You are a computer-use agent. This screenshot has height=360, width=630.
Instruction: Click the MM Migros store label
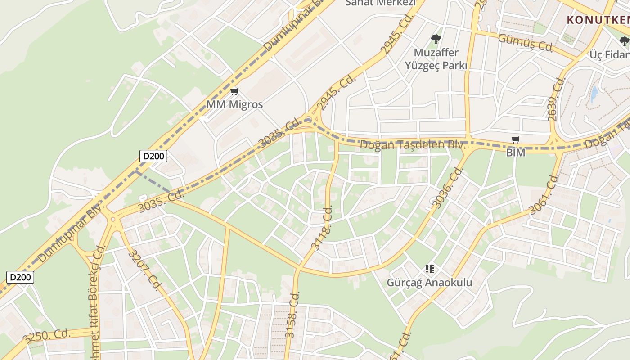click(x=234, y=104)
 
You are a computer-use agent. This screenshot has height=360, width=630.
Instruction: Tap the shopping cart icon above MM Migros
click(x=234, y=92)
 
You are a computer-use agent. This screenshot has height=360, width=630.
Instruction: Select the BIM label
click(x=516, y=153)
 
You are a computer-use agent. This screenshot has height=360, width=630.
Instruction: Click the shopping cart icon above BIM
click(x=516, y=140)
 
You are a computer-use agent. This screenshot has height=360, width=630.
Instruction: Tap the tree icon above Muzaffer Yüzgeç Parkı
click(x=436, y=39)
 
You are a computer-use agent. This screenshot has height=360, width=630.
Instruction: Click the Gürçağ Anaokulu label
click(x=430, y=283)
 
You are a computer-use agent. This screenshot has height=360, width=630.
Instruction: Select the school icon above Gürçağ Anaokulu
click(x=430, y=269)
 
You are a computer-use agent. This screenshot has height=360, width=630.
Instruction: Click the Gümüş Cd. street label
click(x=525, y=42)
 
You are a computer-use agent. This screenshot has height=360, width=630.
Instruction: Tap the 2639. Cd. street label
click(x=556, y=99)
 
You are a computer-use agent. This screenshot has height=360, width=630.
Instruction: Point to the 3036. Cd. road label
click(x=448, y=188)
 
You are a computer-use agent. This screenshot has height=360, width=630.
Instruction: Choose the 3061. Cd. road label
click(x=544, y=194)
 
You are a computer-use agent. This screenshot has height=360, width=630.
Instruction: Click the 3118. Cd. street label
click(x=321, y=228)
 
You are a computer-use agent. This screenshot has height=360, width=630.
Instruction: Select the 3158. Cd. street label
click(x=292, y=315)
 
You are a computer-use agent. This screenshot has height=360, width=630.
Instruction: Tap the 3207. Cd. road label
click(x=144, y=270)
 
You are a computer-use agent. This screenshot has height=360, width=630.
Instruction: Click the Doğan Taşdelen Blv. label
click(x=412, y=145)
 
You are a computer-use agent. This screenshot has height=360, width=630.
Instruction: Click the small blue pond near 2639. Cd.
click(x=594, y=94)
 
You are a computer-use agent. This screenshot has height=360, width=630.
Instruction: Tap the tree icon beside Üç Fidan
click(x=624, y=42)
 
